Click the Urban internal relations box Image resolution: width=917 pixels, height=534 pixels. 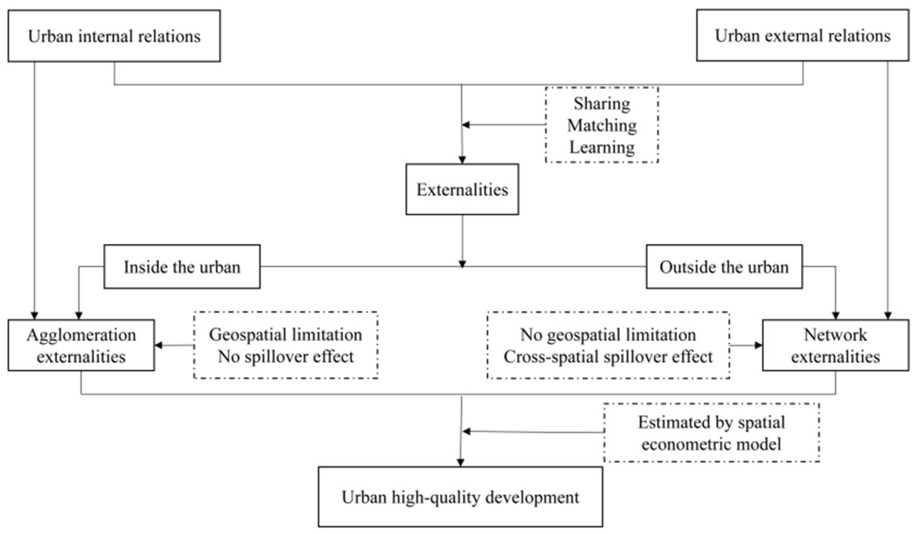[114, 36]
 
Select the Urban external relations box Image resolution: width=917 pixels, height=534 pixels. [802, 36]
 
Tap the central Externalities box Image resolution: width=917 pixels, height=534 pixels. [462, 189]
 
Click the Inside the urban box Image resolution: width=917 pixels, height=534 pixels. [182, 267]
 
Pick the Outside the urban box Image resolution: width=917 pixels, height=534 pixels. [724, 267]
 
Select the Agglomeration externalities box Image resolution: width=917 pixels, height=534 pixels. [81, 345]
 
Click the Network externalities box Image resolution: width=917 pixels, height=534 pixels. [835, 345]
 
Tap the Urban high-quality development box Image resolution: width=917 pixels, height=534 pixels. [460, 497]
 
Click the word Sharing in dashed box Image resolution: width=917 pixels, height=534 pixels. [602, 104]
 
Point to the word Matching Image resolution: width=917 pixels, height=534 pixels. [602, 126]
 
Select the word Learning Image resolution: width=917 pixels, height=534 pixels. [602, 147]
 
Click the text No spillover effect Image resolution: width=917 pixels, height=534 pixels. [286, 356]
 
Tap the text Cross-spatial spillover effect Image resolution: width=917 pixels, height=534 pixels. [608, 356]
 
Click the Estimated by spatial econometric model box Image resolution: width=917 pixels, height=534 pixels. [711, 433]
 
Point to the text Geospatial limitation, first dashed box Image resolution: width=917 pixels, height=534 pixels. [286, 334]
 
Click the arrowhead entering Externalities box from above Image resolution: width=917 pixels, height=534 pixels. [462, 160]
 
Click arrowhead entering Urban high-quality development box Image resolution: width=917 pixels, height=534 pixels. [461, 463]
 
